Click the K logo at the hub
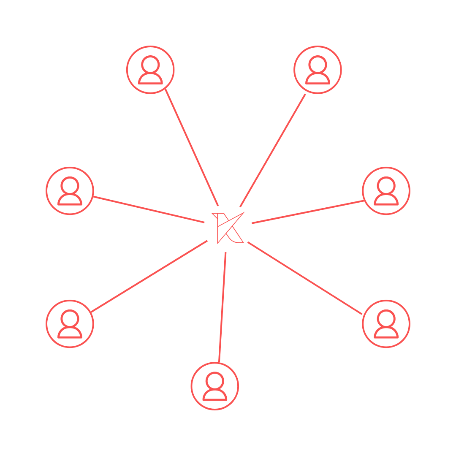228,228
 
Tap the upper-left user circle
150,70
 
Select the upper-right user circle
318,70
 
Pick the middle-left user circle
70,191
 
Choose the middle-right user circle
386,191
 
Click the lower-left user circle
70,324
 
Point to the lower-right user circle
386,324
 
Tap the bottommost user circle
215,386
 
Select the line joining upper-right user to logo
273,150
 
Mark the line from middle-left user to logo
149,209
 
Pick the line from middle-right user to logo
308,212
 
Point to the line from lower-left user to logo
149,277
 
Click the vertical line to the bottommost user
223,307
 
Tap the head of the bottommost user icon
215,380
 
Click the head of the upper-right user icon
318,64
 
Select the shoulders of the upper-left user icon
150,79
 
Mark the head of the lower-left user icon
70,318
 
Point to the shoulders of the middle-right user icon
386,200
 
